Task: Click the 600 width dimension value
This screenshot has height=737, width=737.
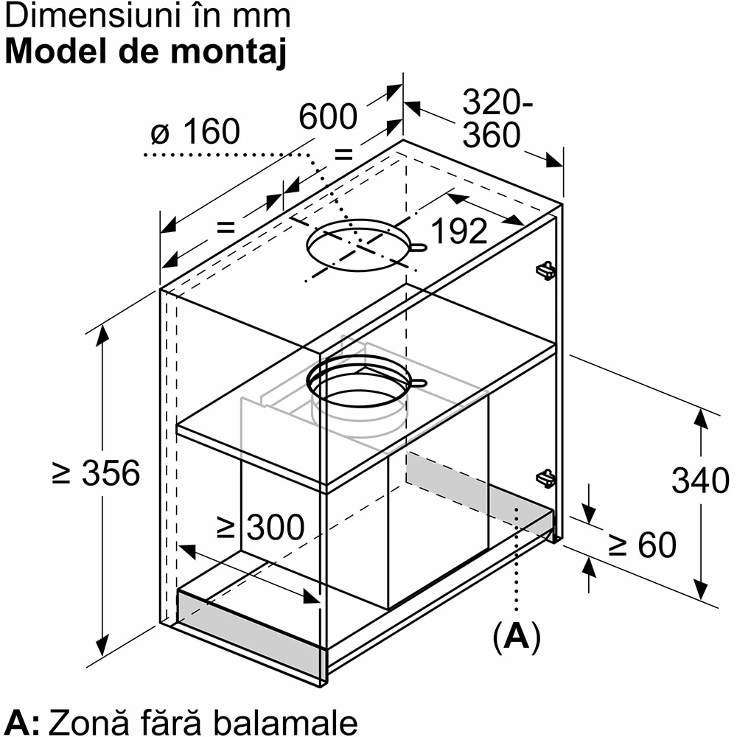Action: (x=328, y=116)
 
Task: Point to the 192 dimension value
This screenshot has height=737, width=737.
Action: (x=458, y=231)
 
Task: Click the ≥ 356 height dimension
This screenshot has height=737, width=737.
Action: (x=97, y=473)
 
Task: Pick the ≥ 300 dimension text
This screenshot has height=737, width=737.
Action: (x=260, y=527)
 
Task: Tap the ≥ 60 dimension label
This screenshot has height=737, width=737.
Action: (x=642, y=545)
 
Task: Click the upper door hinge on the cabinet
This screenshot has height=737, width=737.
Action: (x=545, y=270)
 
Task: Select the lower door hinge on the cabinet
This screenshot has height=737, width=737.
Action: (x=545, y=479)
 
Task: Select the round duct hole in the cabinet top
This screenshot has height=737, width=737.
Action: (x=358, y=244)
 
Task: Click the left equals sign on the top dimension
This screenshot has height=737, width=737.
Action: (x=226, y=227)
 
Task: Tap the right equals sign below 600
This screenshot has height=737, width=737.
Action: (x=344, y=154)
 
